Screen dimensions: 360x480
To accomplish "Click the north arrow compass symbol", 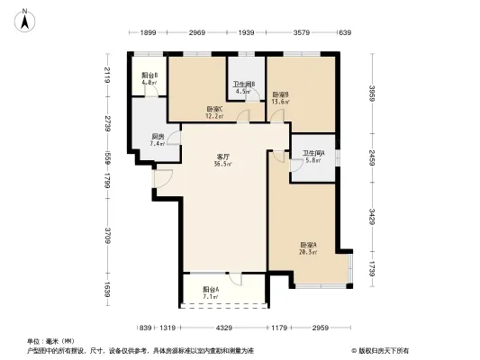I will (x=26, y=17).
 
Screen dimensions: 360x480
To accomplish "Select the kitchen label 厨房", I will (x=157, y=136).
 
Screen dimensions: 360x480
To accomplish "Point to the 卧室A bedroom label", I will (x=309, y=244).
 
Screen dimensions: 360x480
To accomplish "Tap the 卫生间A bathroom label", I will (x=313, y=152).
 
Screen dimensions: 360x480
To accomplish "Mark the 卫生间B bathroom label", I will (x=243, y=85).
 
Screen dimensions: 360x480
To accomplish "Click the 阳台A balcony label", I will (x=211, y=288).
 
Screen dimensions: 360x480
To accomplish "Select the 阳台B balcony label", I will (x=149, y=76).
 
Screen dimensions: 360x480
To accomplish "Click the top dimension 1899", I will (x=149, y=33).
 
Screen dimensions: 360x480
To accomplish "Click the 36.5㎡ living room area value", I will (x=222, y=164).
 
